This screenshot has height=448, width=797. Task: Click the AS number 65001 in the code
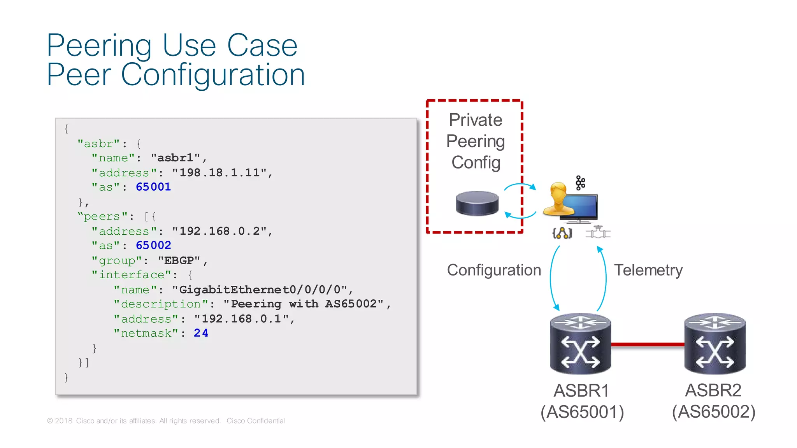point(153,187)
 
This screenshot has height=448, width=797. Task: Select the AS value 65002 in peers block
point(153,246)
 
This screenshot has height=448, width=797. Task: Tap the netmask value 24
point(201,333)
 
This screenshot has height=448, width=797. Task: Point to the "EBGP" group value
point(179,260)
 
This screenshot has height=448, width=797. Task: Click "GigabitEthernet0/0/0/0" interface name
point(260,290)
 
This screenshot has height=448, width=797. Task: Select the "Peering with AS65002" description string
point(304,304)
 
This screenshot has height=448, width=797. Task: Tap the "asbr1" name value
point(176,158)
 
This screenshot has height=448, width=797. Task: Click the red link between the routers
point(648,344)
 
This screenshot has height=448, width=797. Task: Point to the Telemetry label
point(648,270)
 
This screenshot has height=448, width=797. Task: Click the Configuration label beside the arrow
point(494,270)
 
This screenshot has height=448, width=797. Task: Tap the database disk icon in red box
point(477,203)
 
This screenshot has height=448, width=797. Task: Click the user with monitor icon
point(570,203)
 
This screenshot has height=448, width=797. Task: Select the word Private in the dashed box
point(475,120)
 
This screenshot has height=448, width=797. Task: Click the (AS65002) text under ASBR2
point(714,412)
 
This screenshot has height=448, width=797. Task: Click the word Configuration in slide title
point(212,75)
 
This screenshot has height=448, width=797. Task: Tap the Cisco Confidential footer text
point(256,421)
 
